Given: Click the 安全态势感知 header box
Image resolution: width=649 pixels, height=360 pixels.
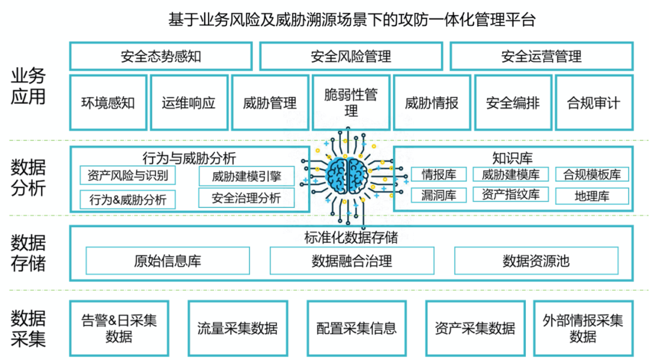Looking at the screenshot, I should pos(160,56).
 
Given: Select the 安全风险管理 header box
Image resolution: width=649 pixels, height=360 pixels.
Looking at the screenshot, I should pos(351,56).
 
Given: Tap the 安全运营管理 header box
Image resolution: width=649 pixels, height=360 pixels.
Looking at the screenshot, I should pos(541,56).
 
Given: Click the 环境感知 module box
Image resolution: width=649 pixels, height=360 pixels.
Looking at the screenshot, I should pos(108,103).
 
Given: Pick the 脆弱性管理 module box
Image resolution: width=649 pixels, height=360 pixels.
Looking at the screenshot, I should pos(351,103).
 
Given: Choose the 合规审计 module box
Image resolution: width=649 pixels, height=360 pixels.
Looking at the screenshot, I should pos(594,103).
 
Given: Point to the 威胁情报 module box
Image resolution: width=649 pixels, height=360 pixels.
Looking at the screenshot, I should pos(431,103).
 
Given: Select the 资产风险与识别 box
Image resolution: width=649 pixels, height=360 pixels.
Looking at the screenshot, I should pos(127,175).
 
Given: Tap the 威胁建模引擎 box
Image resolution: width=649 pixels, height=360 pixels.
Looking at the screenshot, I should pos(247,177).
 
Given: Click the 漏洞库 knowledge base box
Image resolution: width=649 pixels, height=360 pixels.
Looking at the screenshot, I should pos(439,195).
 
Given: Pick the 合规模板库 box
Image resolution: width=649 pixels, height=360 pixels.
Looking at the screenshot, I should pos(592,175).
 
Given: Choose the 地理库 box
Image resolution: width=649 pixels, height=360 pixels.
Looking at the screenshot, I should pos(592,196).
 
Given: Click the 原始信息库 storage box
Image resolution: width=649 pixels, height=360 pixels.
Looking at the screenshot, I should pos(168,261).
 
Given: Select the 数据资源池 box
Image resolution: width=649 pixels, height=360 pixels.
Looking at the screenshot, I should pos(536,261).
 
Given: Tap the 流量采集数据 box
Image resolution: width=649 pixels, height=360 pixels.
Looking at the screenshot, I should pos(238,328).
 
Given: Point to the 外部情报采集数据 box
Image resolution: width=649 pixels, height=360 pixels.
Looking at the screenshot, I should pos(583,328).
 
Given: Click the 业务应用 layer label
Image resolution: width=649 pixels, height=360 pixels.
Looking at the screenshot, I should pos(28,86).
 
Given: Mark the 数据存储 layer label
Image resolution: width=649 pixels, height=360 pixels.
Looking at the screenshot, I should pos(28,253).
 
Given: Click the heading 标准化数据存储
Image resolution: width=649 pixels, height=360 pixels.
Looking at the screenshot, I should pos(351,237).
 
